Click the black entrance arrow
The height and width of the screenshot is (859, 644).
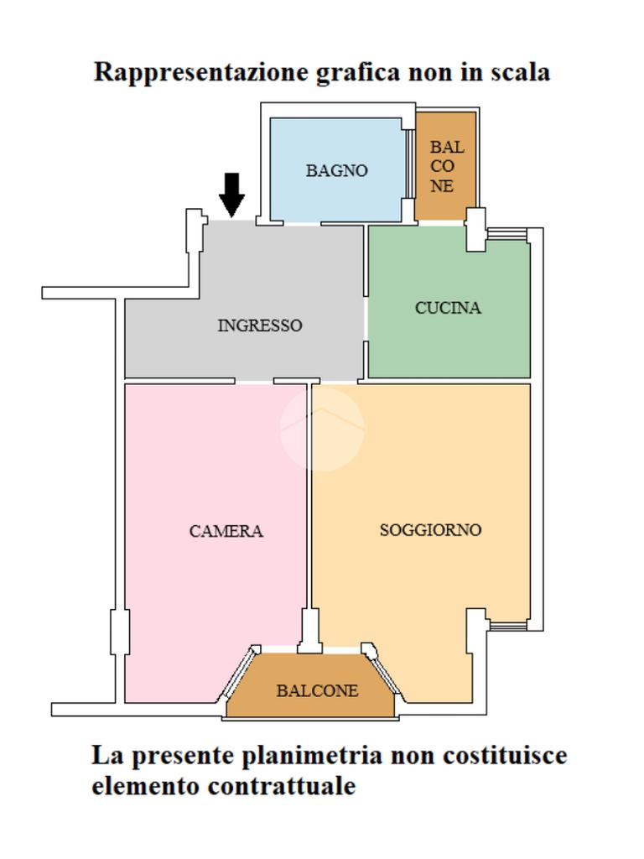[x=231, y=194]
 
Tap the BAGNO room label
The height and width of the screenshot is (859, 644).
[x=336, y=170]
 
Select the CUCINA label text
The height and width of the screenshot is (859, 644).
[x=448, y=308]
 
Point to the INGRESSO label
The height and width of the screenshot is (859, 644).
[x=259, y=325]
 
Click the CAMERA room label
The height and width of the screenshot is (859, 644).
[x=226, y=531]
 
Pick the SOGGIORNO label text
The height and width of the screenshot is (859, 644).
[x=430, y=530]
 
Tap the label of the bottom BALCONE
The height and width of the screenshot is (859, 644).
[x=317, y=690]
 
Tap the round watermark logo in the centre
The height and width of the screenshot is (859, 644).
[x=321, y=429]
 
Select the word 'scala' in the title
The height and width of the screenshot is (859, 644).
[x=521, y=71]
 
